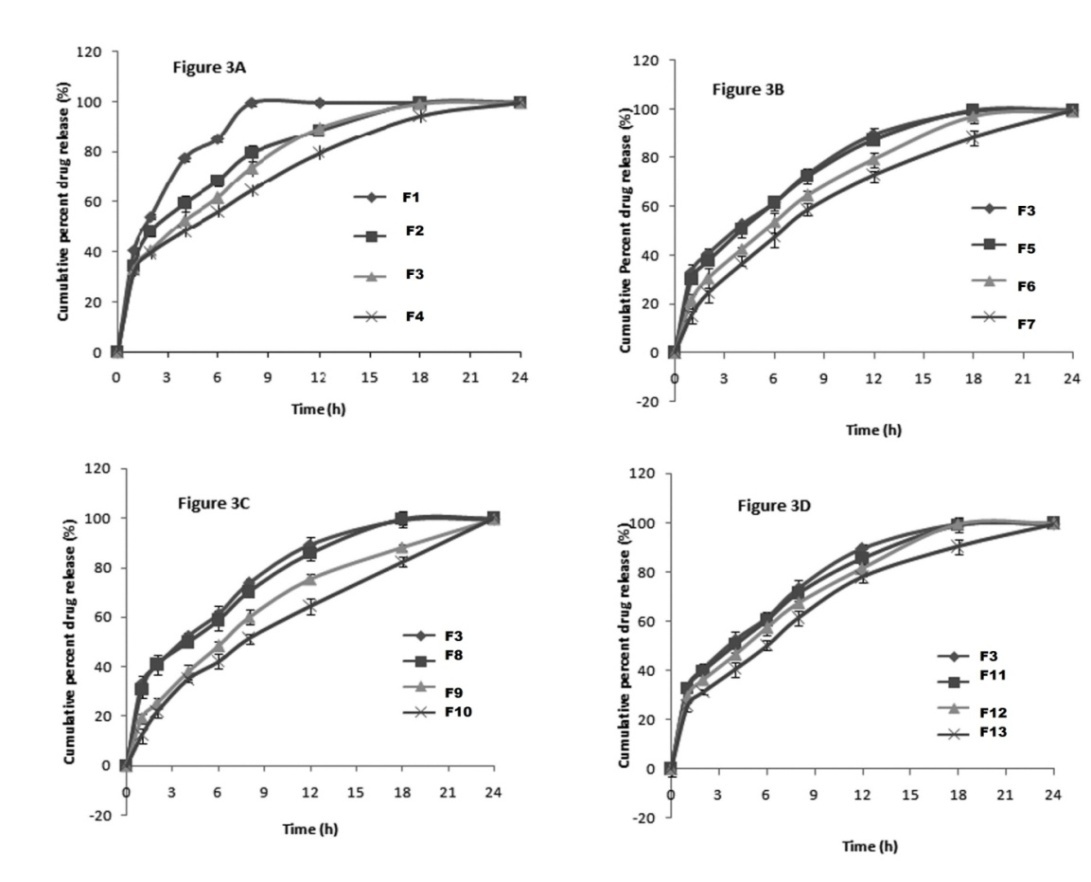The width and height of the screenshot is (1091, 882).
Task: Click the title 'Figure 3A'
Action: pos(204,70)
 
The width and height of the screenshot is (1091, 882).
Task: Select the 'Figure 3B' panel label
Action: pos(747,90)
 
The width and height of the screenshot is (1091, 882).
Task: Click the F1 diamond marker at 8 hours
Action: pos(252,102)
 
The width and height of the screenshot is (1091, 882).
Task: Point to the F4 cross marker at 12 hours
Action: pos(319,152)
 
